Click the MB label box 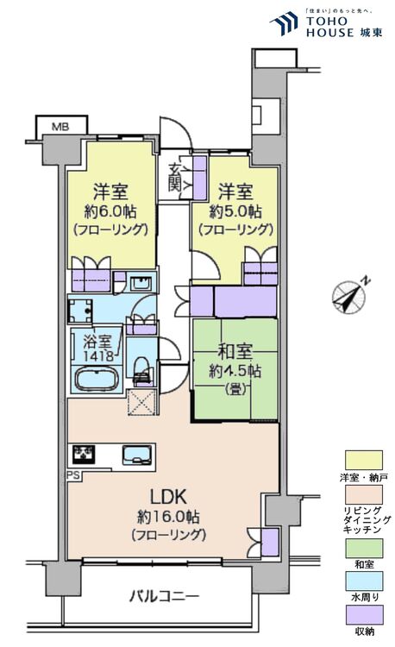[x=59, y=127]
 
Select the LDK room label [x=169, y=498]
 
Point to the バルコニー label [x=165, y=596]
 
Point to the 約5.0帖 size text [x=235, y=211]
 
